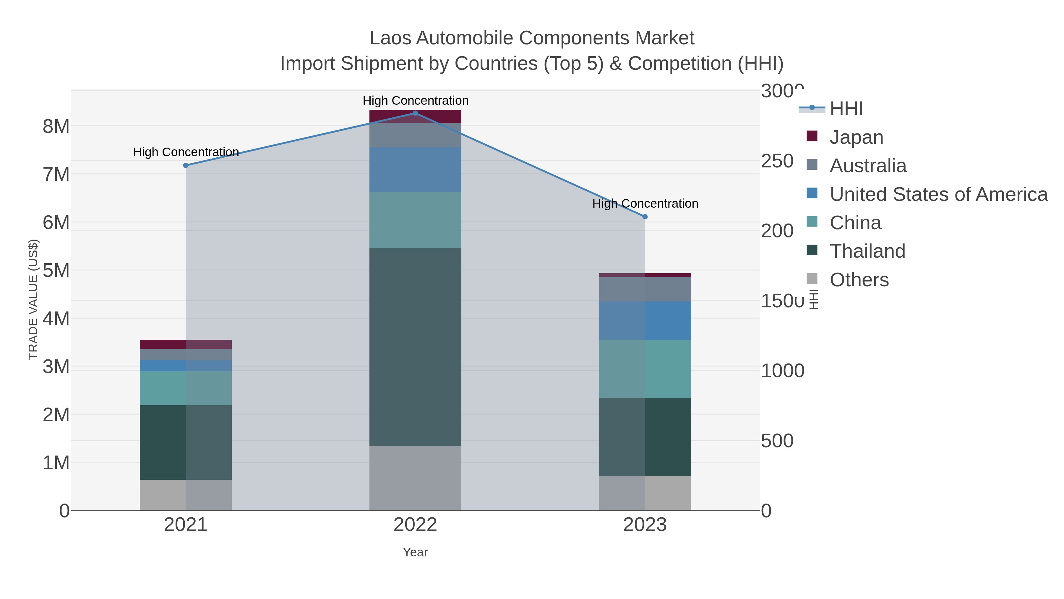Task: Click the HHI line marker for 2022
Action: pos(415,113)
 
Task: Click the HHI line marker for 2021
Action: pos(185,165)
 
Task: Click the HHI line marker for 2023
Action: pos(645,217)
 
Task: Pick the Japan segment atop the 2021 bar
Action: pos(185,344)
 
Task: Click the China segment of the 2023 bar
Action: pos(645,369)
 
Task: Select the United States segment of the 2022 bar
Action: pos(415,169)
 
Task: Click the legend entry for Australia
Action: pos(868,166)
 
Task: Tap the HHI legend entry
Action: pos(846,109)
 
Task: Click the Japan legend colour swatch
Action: pos(812,136)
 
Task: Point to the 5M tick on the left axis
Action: pos(56,271)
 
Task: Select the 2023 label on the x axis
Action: pos(645,525)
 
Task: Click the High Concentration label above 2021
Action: pos(186,152)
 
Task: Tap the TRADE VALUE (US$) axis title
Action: pos(33,299)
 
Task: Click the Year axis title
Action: pos(415,552)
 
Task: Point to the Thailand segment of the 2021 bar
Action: pos(185,442)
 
